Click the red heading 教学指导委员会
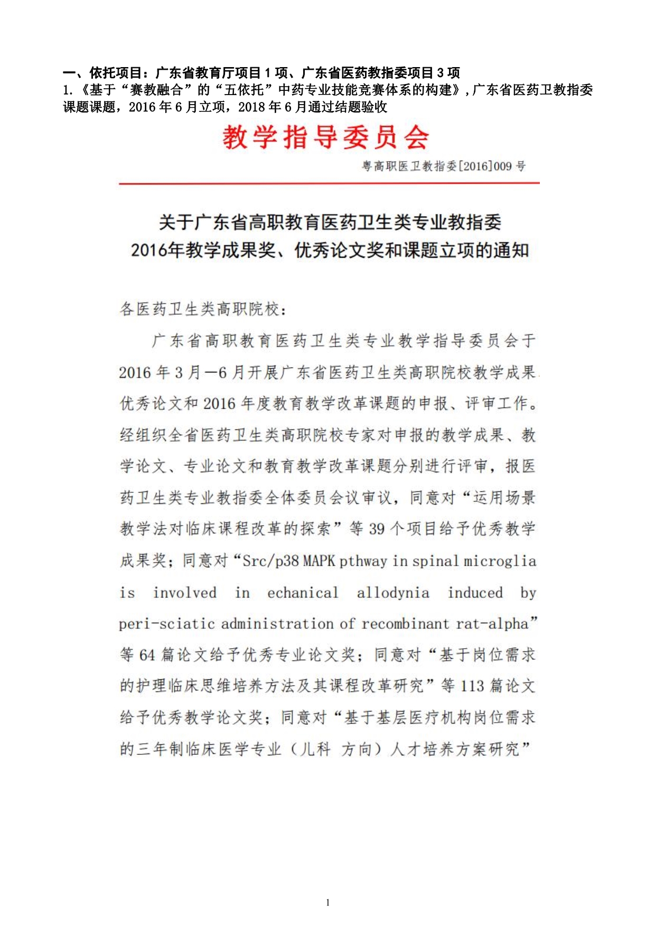pos(325,138)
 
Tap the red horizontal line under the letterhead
pos(329,183)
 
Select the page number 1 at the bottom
pos(328,902)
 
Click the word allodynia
pos(393,593)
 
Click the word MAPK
pos(319,561)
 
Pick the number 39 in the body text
pos(377,529)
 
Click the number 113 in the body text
pos(472,686)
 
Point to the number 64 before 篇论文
pos(147,655)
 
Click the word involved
pos(184,593)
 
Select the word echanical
pos(303,593)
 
